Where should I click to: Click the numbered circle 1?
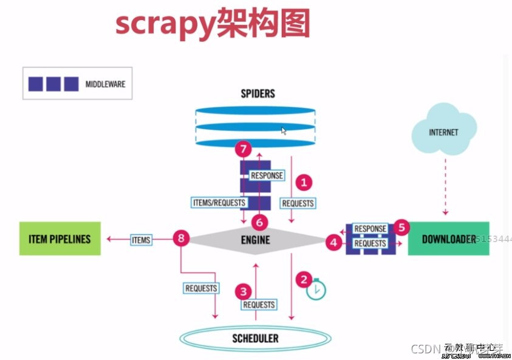pos(303,182)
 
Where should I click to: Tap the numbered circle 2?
pos(303,279)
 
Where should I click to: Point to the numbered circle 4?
pos(333,243)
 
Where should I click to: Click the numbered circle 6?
pos(259,222)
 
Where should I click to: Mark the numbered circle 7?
pos(243,149)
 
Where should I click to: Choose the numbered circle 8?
pos(180,238)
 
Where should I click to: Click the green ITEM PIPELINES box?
pos(60,239)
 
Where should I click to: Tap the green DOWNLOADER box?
pos(448,239)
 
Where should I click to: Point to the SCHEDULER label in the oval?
pos(255,338)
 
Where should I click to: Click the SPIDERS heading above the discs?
pos(258,93)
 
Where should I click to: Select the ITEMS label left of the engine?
pos(142,240)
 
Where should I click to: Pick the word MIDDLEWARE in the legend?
pos(105,84)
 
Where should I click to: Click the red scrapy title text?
pos(213,25)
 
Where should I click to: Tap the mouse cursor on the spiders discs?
pos(283,130)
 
